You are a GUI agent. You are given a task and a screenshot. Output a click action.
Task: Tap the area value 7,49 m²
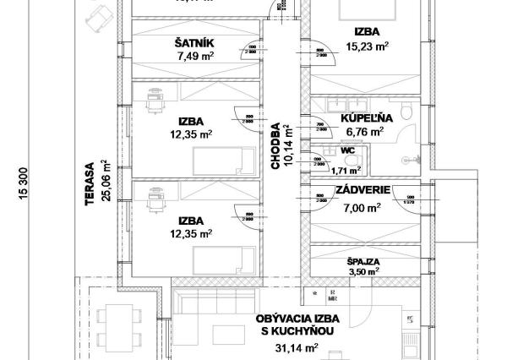[x=194, y=57]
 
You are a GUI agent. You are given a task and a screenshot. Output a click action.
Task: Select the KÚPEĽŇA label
[x=364, y=119]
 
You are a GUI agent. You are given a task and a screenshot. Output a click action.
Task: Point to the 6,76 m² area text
[x=364, y=132]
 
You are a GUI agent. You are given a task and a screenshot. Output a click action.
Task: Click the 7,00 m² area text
[x=361, y=206]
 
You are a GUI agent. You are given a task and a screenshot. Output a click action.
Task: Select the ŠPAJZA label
[x=363, y=262]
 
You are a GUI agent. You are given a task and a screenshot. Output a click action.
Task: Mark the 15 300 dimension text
[x=14, y=180]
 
